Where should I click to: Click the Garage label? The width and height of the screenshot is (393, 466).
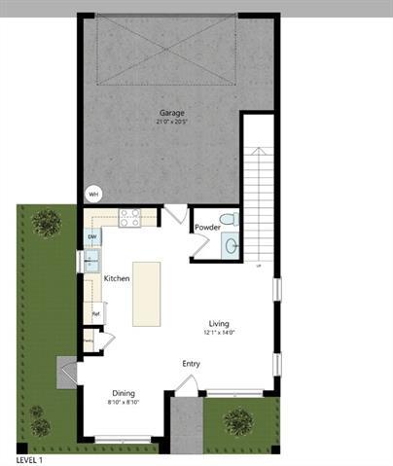pyautogui.click(x=171, y=112)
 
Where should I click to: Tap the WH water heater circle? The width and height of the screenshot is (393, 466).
pyautogui.click(x=94, y=194)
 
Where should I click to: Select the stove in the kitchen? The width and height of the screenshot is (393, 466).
pyautogui.click(x=129, y=218)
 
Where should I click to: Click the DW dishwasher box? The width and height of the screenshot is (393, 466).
pyautogui.click(x=92, y=236)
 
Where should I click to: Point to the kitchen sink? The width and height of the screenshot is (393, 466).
pyautogui.click(x=91, y=260)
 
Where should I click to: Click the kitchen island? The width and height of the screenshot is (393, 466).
pyautogui.click(x=147, y=293)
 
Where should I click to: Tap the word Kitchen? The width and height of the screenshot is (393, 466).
pyautogui.click(x=117, y=279)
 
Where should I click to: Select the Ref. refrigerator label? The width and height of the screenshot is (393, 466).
pyautogui.click(x=96, y=313)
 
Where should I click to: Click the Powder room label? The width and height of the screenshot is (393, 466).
pyautogui.click(x=207, y=228)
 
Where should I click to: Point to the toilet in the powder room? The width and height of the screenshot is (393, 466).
pyautogui.click(x=227, y=219)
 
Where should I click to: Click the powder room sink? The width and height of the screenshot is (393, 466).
pyautogui.click(x=230, y=246)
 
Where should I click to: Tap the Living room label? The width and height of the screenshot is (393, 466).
pyautogui.click(x=219, y=324)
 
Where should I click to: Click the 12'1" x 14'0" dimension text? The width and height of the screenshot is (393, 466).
pyautogui.click(x=219, y=333)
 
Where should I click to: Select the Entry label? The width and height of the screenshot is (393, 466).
pyautogui.click(x=191, y=364)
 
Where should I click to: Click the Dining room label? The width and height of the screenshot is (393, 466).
pyautogui.click(x=123, y=393)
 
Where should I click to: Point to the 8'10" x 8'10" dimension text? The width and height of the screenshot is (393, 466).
pyautogui.click(x=123, y=402)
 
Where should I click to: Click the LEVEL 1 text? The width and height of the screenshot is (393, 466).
pyautogui.click(x=30, y=458)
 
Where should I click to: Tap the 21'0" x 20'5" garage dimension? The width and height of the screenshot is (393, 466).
pyautogui.click(x=171, y=122)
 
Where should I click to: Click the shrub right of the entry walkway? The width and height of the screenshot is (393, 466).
pyautogui.click(x=237, y=421)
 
